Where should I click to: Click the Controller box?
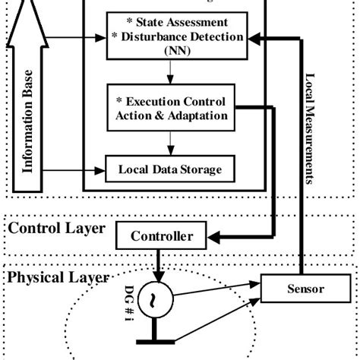(163, 236)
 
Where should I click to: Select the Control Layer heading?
(55, 227)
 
